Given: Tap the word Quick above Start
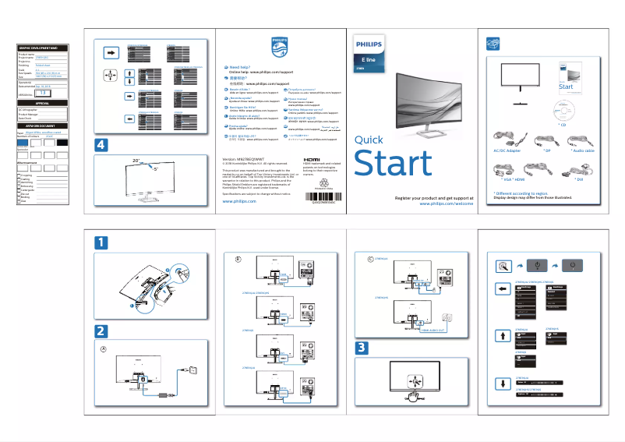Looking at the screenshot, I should click(x=369, y=140).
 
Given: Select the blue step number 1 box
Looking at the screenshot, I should click(x=102, y=243).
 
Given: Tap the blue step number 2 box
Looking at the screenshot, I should click(x=102, y=331).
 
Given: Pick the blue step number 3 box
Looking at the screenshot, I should click(x=362, y=347).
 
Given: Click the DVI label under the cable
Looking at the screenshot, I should click(x=578, y=179).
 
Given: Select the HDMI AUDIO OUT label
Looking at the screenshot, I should click(x=421, y=331).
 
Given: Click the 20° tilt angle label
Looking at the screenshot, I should click(x=136, y=160).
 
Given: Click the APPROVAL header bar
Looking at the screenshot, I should click(x=44, y=102).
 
